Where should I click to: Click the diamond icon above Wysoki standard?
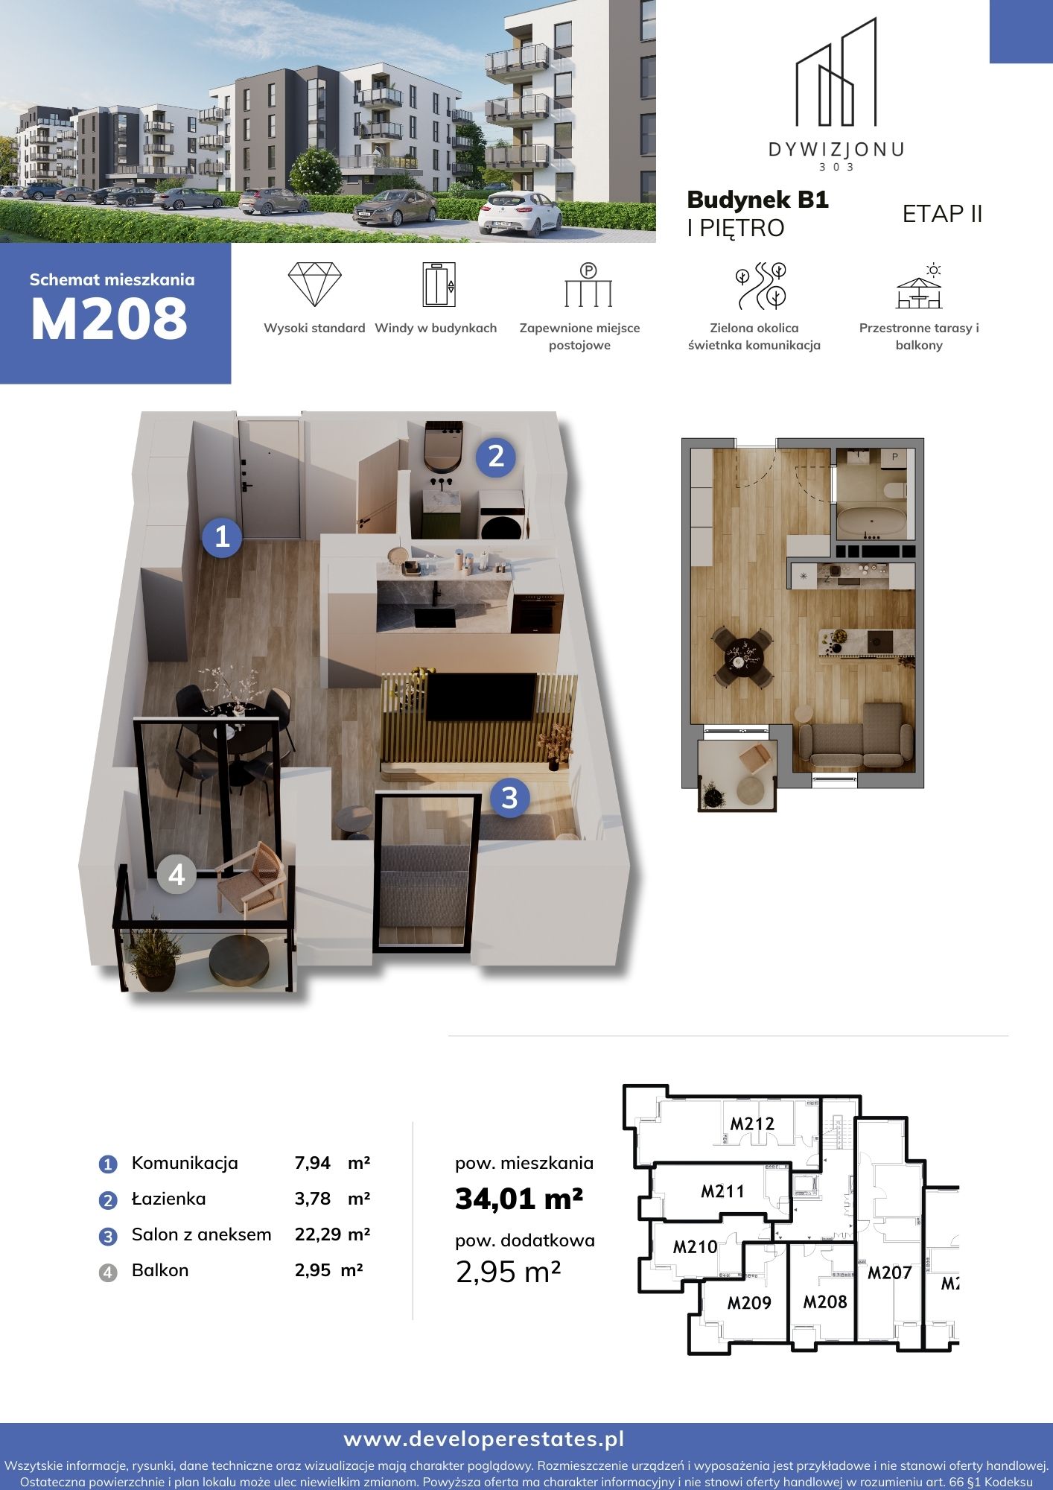[314, 284]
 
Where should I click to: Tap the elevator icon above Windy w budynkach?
[439, 284]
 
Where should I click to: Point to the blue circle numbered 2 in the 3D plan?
[496, 456]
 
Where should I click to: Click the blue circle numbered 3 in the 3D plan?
[509, 798]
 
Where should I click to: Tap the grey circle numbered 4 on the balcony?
[176, 874]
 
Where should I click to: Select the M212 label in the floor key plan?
[752, 1123]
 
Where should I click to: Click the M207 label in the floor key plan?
[890, 1272]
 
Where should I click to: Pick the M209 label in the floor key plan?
[749, 1303]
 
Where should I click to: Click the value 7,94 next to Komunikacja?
[313, 1163]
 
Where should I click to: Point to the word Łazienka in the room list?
[169, 1198]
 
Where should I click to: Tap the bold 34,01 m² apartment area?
[519, 1199]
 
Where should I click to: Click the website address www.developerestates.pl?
[484, 1439]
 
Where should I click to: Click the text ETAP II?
[943, 214]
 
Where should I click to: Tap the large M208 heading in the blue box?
[109, 319]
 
